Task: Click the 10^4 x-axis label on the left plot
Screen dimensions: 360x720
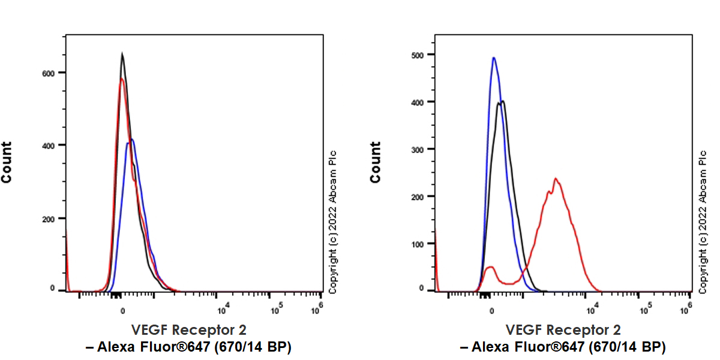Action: (221, 310)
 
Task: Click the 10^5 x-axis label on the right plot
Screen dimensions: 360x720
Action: (646, 310)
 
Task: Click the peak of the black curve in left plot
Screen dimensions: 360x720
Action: (122, 54)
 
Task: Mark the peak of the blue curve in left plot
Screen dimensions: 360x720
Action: (131, 140)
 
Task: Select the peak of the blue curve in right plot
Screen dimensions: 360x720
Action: (493, 58)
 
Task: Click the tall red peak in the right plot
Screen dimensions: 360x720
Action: (556, 179)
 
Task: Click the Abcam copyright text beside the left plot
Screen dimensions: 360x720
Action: (332, 222)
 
